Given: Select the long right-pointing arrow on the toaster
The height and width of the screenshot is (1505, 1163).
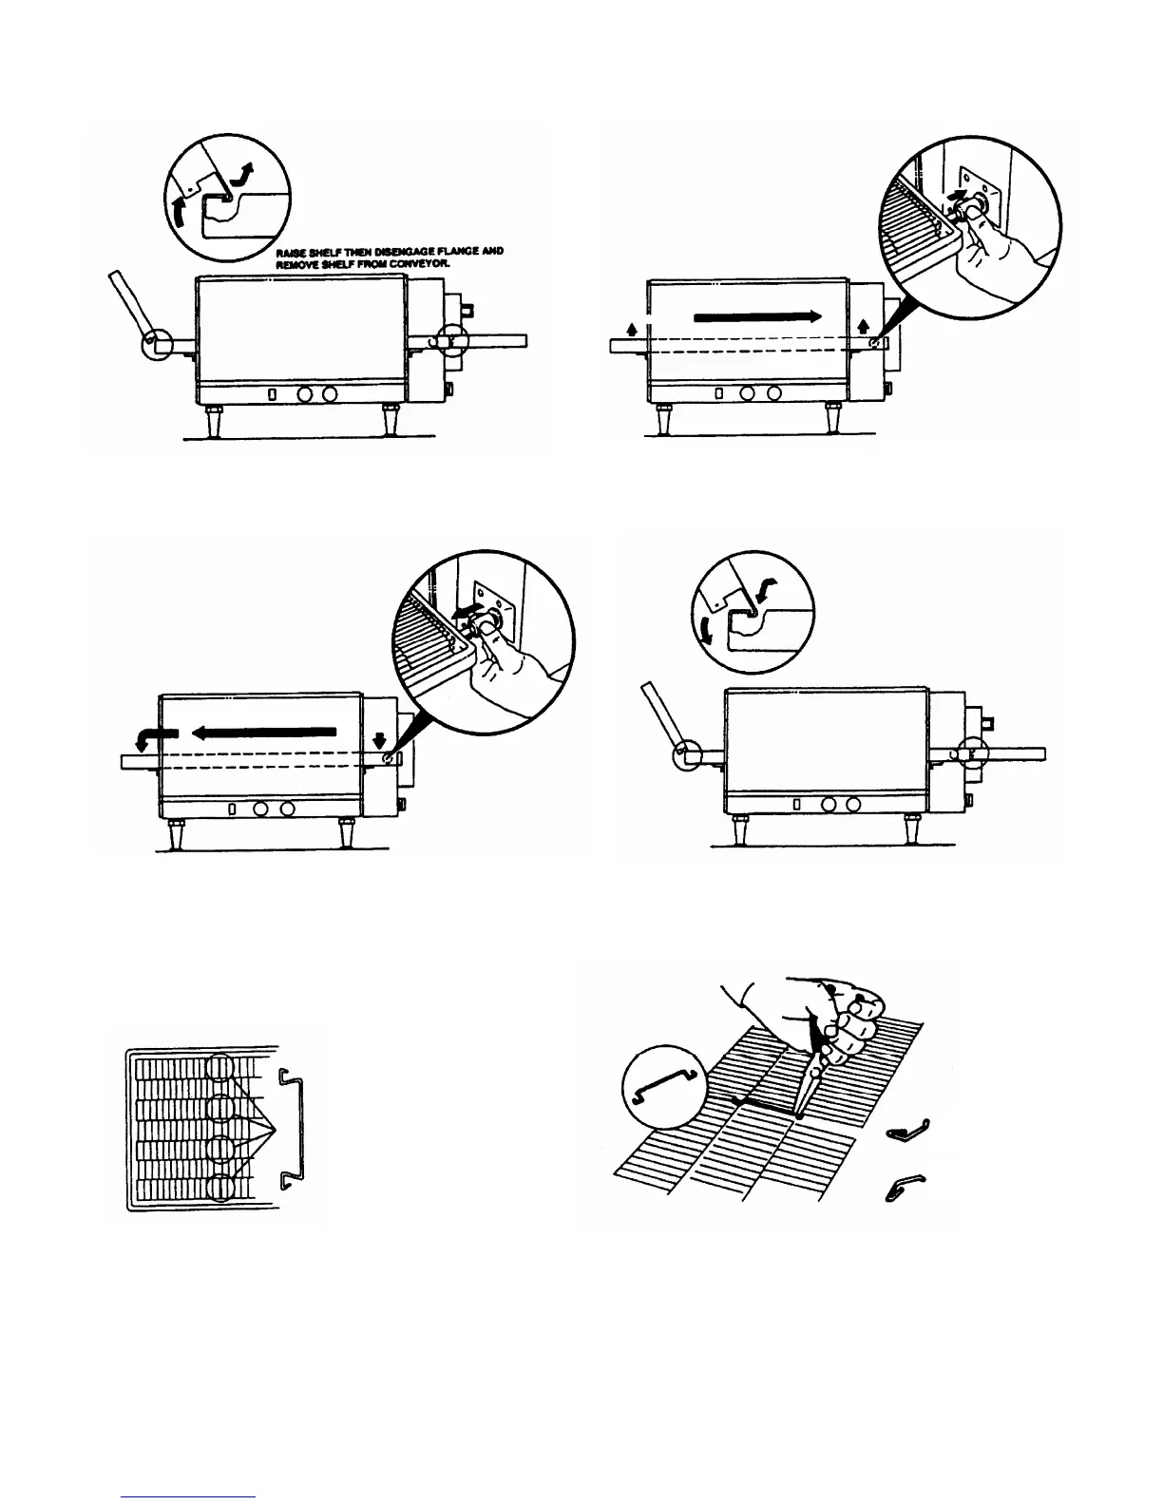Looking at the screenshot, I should [757, 318].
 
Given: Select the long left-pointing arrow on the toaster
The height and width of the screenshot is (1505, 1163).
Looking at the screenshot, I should [263, 732].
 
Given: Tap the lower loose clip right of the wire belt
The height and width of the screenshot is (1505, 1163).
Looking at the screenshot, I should [906, 1186].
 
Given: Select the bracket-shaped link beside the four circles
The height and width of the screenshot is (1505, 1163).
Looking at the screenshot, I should [294, 1128].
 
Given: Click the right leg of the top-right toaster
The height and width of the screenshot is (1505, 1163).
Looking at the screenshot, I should [833, 418].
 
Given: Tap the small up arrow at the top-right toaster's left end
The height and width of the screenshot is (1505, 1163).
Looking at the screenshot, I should [631, 328].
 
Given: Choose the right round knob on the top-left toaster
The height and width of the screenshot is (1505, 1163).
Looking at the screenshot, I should [328, 393].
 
